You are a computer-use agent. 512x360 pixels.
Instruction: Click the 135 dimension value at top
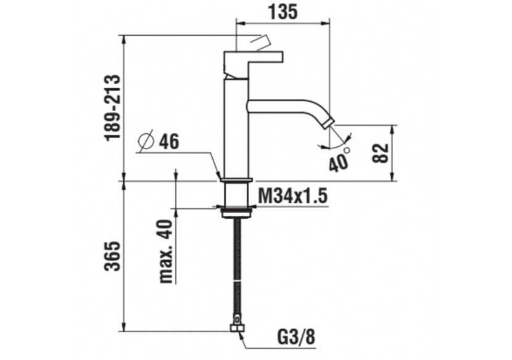tap(283, 11)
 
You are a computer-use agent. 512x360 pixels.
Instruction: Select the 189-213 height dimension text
tap(112, 108)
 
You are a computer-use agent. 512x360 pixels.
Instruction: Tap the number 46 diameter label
tap(168, 142)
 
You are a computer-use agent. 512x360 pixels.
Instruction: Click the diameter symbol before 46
tap(146, 142)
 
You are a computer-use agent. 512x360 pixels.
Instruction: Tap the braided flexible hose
tap(236, 271)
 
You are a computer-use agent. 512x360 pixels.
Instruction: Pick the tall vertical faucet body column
tap(236, 129)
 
